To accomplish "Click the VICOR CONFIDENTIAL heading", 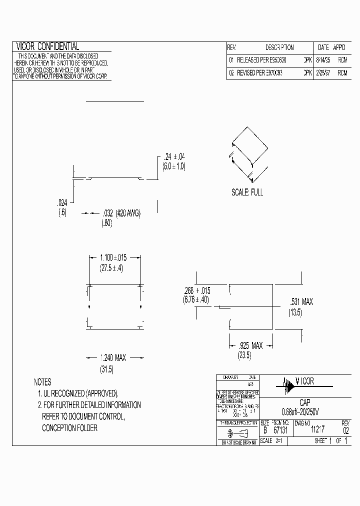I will coord(48,46).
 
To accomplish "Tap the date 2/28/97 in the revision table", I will coord(323,72).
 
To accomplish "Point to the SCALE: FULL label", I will coord(247,192).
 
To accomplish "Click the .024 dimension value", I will coord(62,203).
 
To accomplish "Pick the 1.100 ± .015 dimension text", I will coord(113,258).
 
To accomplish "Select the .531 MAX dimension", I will coord(302,301).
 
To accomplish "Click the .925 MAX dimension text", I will coord(250,345).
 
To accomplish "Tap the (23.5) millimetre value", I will coord(243,355).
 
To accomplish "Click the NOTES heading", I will coord(43,382).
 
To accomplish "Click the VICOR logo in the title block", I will coord(297,382).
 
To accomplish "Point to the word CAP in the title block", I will coord(304,402).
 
